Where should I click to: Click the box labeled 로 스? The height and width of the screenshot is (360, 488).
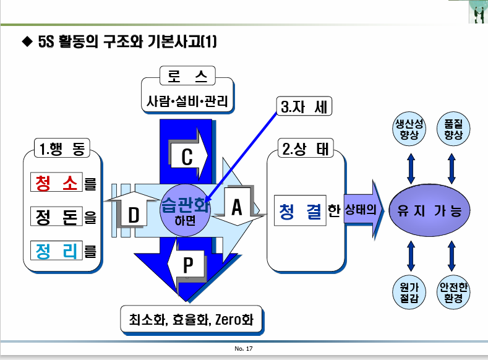coord(187,76)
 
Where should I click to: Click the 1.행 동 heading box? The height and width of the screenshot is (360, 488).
coord(61,148)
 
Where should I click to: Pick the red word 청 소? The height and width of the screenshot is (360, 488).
coord(56,183)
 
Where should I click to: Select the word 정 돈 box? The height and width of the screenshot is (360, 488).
coord(56,216)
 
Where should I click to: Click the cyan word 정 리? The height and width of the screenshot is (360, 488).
coord(56,250)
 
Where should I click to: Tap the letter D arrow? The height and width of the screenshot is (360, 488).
coord(134,215)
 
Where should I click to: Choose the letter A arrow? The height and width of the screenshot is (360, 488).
coord(236,208)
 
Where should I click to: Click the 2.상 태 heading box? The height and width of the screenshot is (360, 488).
coord(304,149)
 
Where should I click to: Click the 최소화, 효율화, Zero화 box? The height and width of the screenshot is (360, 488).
coord(191,320)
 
